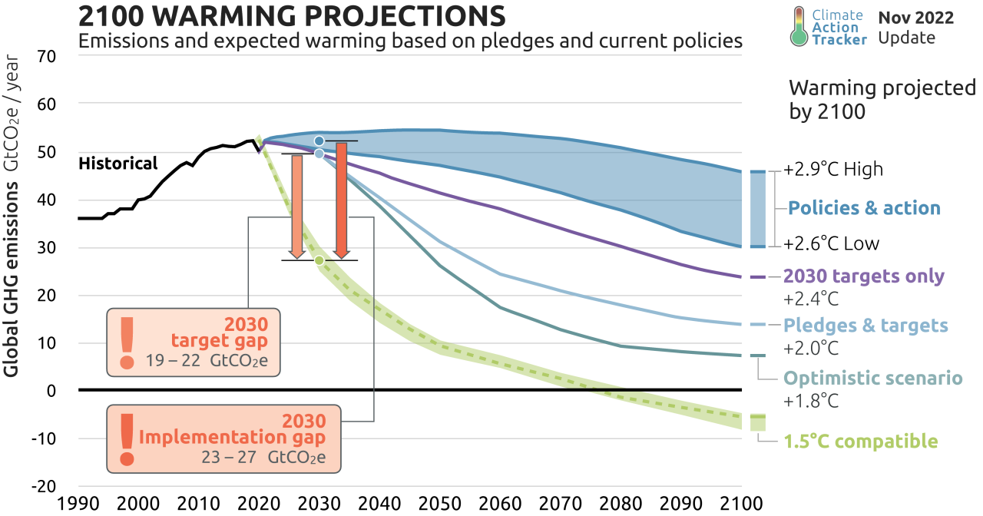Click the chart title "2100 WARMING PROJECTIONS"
[x=292, y=16]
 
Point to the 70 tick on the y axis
[x=47, y=56]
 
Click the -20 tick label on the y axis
[x=44, y=486]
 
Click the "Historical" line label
[x=117, y=164]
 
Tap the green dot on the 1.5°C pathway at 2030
[x=319, y=261]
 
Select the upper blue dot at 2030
[x=319, y=141]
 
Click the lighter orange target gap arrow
[x=296, y=206]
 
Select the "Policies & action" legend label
[x=863, y=208]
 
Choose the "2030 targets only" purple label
[x=863, y=276]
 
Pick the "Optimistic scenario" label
[x=872, y=378]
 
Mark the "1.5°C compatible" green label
[x=860, y=442]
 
